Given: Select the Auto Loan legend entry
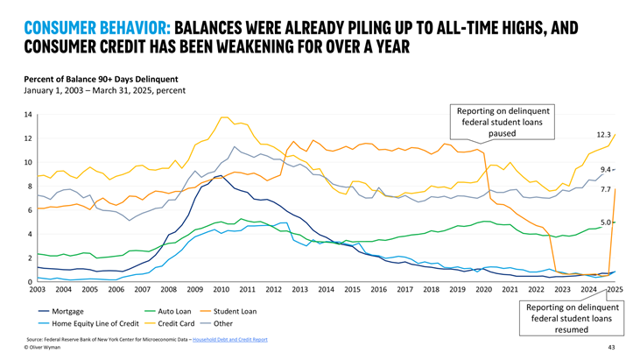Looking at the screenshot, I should [174, 311].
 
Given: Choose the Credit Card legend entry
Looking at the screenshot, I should [175, 322].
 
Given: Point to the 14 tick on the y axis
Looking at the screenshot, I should [27, 115].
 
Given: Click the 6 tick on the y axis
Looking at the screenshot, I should [29, 210].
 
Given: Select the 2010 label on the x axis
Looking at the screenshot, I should [221, 289].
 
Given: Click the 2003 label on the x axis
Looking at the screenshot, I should [39, 289].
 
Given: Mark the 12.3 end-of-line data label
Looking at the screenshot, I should [605, 134].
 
